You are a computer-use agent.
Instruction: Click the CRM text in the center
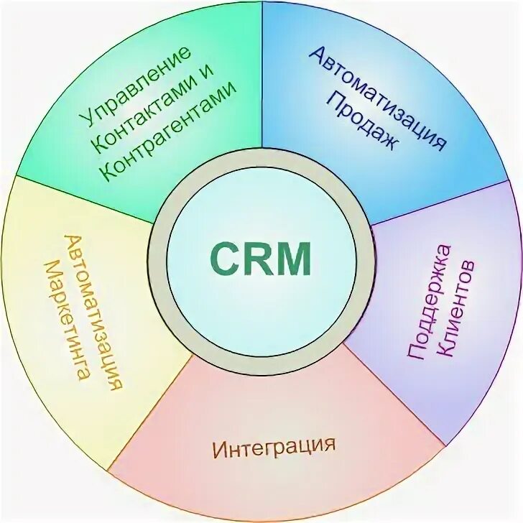click(x=261, y=257)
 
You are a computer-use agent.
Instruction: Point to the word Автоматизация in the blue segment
click(x=379, y=98)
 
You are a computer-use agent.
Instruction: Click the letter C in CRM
click(x=224, y=257)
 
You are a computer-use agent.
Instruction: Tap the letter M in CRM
click(x=295, y=257)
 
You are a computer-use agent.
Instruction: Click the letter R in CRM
click(x=258, y=257)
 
